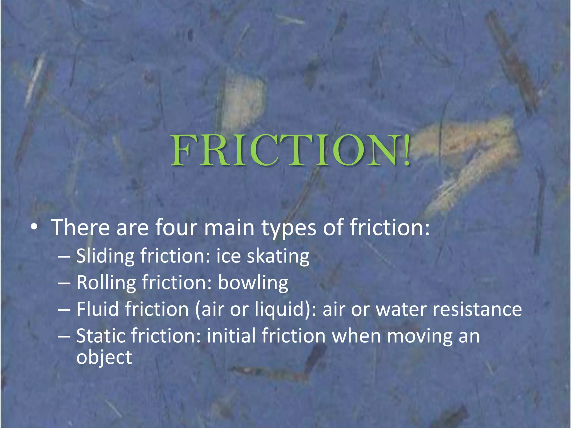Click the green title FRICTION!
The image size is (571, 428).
pos(290,150)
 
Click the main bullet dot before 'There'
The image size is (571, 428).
pos(34,227)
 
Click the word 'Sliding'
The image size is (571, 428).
pos(105,256)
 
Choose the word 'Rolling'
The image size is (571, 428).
pos(106,283)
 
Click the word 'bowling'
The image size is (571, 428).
pos(253,283)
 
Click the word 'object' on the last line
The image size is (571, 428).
pos(104,358)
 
